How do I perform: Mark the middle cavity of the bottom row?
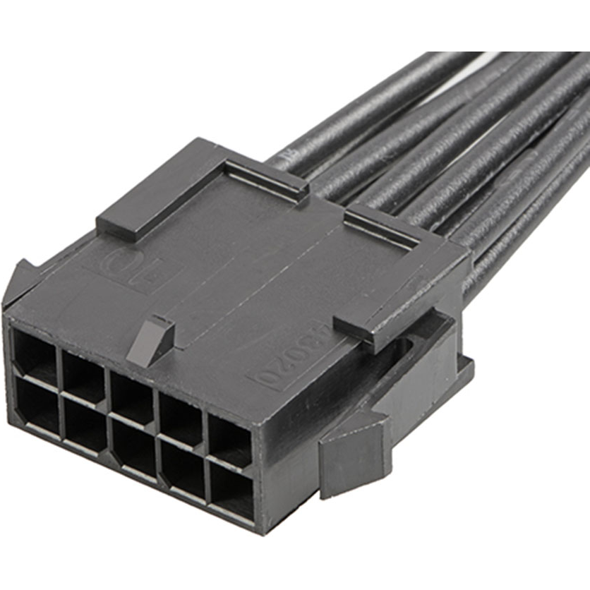click(134, 448)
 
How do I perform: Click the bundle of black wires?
click(452, 141)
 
